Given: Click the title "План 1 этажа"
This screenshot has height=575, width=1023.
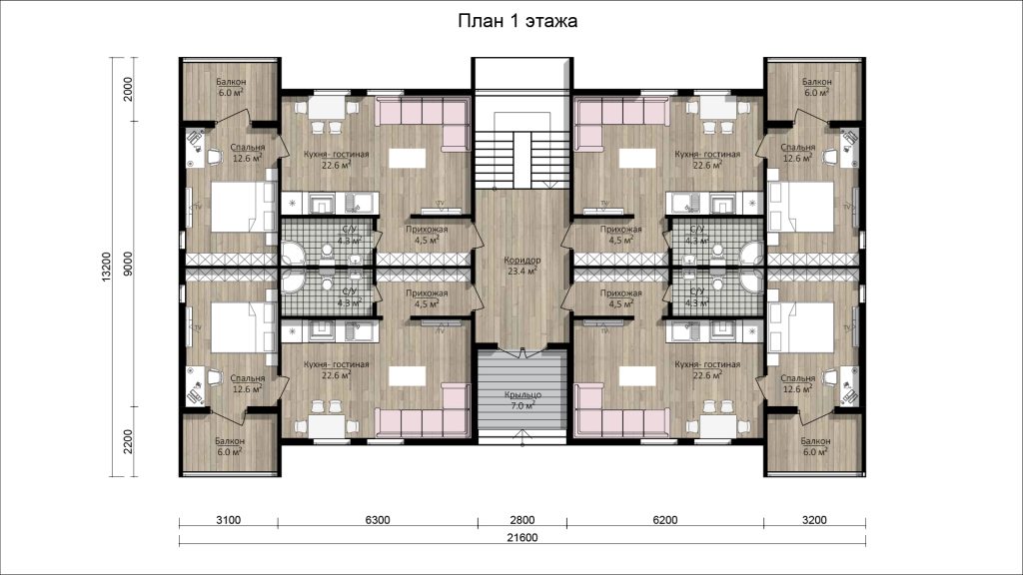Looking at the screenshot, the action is tap(517, 22).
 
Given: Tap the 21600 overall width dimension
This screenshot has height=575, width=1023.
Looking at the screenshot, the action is tap(521, 538).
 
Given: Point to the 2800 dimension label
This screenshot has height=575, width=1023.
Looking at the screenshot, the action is tap(521, 520).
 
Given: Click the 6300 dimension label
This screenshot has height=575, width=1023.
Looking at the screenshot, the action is tap(377, 520).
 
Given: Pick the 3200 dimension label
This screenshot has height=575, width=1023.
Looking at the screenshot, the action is tap(814, 520).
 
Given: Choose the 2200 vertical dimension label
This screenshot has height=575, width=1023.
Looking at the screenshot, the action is tap(128, 441).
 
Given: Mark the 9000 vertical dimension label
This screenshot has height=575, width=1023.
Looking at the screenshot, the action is tap(128, 264).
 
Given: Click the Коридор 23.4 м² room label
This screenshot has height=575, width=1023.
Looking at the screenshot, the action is tap(521, 266).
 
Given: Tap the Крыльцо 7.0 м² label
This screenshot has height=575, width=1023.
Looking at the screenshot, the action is tap(522, 400).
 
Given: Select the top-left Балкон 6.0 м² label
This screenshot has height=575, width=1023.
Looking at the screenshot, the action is tap(231, 88).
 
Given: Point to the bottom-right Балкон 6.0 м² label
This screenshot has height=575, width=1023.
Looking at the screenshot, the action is tap(815, 446).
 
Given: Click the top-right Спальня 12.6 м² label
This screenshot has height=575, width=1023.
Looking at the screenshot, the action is tap(798, 153).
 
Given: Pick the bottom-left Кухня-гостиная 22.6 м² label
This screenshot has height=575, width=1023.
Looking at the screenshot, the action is tap(336, 369).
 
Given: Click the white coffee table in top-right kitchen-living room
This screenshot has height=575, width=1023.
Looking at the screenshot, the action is tap(637, 159).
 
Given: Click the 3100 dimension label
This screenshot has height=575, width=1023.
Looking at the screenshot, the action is tap(229, 520).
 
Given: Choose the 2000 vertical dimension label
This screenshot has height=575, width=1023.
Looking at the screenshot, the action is tap(128, 89).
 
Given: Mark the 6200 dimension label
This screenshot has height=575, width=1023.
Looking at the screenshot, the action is tap(664, 520).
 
